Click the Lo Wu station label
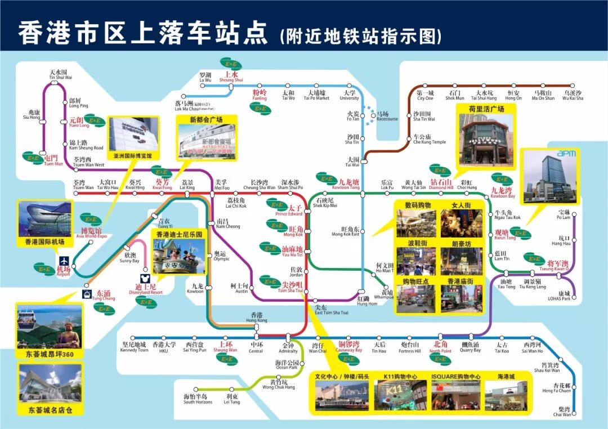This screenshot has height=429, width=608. pyautogui.click(x=205, y=78)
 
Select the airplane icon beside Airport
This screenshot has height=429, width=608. pyautogui.click(x=64, y=262)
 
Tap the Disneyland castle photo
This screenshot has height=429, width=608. pyautogui.click(x=180, y=256)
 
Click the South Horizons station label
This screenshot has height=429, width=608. pyautogui.click(x=197, y=399)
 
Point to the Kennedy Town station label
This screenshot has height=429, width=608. pyautogui.click(x=134, y=347)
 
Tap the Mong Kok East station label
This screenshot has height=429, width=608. pyautogui.click(x=350, y=231)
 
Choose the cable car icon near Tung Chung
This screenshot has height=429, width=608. pyautogui.click(x=87, y=294)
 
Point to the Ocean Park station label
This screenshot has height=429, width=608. pyautogui.click(x=287, y=365)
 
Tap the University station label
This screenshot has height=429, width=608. pyautogui.click(x=349, y=95)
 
